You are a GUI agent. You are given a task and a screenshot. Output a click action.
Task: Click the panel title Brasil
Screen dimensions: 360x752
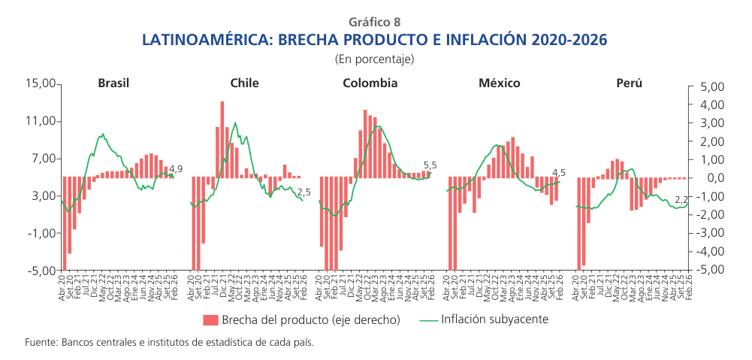click(x=113, y=83)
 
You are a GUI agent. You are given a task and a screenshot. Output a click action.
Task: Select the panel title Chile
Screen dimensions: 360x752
click(x=245, y=83)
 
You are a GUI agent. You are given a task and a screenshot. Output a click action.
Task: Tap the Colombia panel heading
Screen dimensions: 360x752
click(x=370, y=83)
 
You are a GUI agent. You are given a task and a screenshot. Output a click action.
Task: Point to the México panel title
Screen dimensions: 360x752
click(x=500, y=83)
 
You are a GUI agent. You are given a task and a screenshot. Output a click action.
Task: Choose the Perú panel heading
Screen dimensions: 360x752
click(x=629, y=83)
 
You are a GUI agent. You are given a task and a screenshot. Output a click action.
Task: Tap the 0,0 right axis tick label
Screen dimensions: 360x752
click(x=714, y=178)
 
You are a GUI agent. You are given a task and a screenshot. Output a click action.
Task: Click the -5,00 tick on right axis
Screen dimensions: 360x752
click(x=709, y=270)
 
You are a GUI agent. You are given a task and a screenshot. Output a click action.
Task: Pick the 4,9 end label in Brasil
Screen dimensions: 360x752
click(x=176, y=169)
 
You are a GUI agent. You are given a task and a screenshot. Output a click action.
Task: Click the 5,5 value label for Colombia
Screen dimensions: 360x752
click(x=430, y=165)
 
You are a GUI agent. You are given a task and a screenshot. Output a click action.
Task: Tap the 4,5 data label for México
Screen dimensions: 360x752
click(x=559, y=172)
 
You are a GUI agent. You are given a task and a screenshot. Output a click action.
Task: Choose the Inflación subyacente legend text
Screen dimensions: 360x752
click(x=494, y=319)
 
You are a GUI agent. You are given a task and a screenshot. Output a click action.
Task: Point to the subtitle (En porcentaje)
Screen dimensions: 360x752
click(x=375, y=58)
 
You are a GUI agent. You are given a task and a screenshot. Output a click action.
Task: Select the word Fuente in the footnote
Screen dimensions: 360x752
click(x=40, y=342)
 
